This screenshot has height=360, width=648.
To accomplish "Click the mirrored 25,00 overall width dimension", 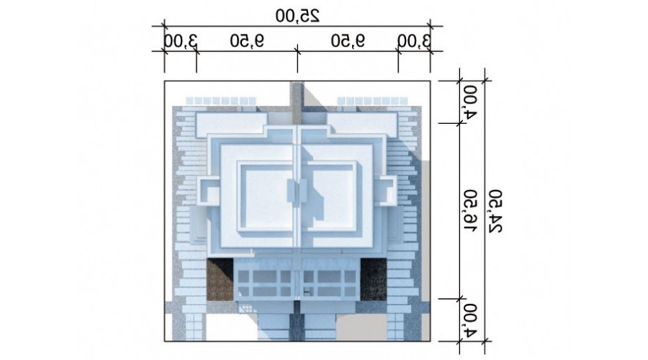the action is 297,16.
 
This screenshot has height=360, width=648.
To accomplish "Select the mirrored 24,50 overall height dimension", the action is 495,211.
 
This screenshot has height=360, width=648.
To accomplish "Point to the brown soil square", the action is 220,279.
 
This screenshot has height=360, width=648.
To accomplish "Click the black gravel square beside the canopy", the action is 374,279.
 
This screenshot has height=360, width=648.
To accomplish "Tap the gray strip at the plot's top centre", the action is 297,102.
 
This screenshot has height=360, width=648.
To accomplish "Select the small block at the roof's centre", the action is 297,192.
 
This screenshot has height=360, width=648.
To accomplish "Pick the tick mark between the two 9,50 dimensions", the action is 297,51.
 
